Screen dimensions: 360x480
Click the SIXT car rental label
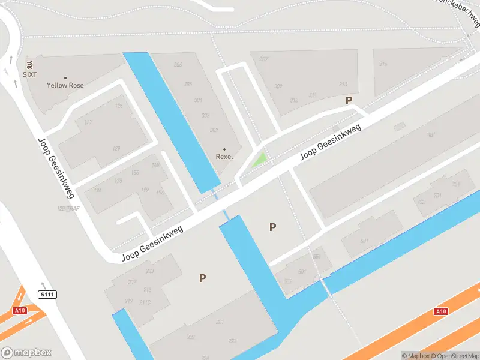[29, 74]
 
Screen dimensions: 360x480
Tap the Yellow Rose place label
[65, 85]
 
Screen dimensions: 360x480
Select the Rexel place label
[224, 156]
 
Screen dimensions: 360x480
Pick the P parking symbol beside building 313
[349, 101]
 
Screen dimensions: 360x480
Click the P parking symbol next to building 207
[203, 278]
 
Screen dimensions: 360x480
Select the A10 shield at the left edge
[20, 311]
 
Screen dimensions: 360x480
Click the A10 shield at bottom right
[441, 311]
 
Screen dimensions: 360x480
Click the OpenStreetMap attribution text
[455, 356]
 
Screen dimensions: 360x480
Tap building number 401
[431, 135]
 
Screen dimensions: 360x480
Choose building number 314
[382, 64]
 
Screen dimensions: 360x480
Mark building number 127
[88, 122]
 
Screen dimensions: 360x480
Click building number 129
[116, 148]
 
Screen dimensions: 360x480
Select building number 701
[437, 196]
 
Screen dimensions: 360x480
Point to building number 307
[263, 59]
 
